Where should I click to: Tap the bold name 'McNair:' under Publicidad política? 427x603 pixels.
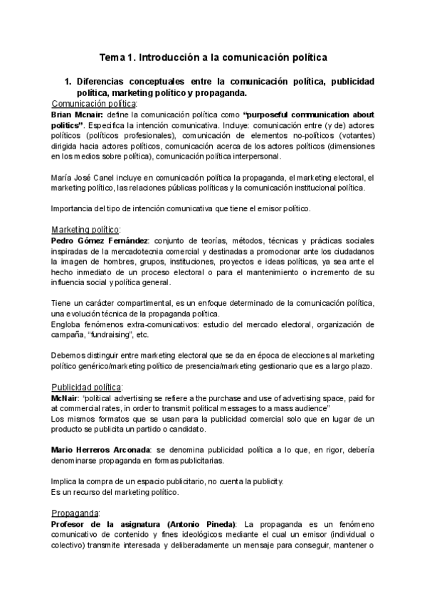coord(66,397)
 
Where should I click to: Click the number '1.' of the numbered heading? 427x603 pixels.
coord(69,82)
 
